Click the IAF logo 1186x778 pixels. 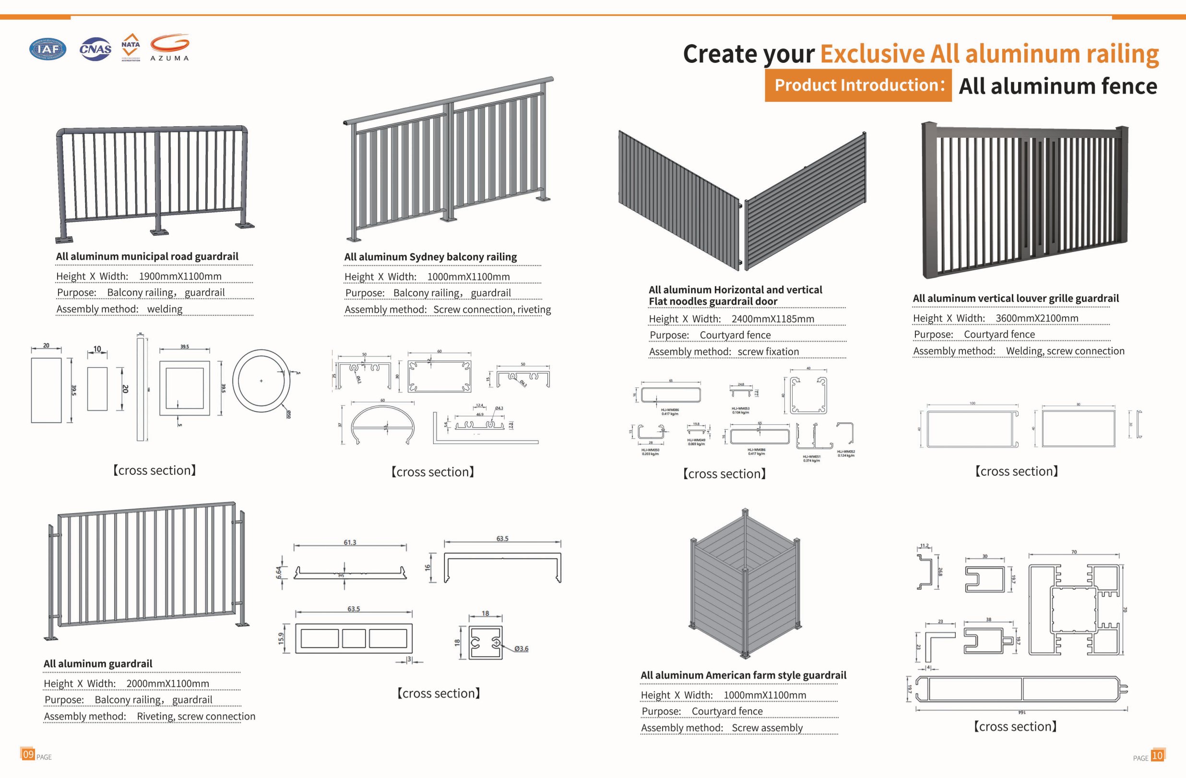[48, 49]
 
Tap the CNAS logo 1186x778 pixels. [95, 49]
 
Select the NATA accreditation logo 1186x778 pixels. [130, 48]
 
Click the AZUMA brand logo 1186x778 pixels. [170, 48]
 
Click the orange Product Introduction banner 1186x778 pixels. [858, 85]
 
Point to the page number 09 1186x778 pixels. [28, 754]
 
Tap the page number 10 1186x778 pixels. [1157, 755]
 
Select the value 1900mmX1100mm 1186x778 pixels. [180, 276]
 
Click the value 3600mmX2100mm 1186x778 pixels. [1036, 318]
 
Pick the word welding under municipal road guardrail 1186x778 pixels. [165, 309]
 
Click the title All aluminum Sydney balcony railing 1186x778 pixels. [430, 257]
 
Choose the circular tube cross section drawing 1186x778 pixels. [261, 381]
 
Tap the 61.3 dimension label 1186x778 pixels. [350, 542]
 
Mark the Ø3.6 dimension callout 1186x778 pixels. [521, 648]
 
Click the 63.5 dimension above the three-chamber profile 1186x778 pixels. [353, 609]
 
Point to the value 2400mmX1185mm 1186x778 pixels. [772, 319]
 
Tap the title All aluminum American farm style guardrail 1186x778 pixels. [743, 675]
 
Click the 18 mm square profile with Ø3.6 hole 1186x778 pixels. [486, 643]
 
